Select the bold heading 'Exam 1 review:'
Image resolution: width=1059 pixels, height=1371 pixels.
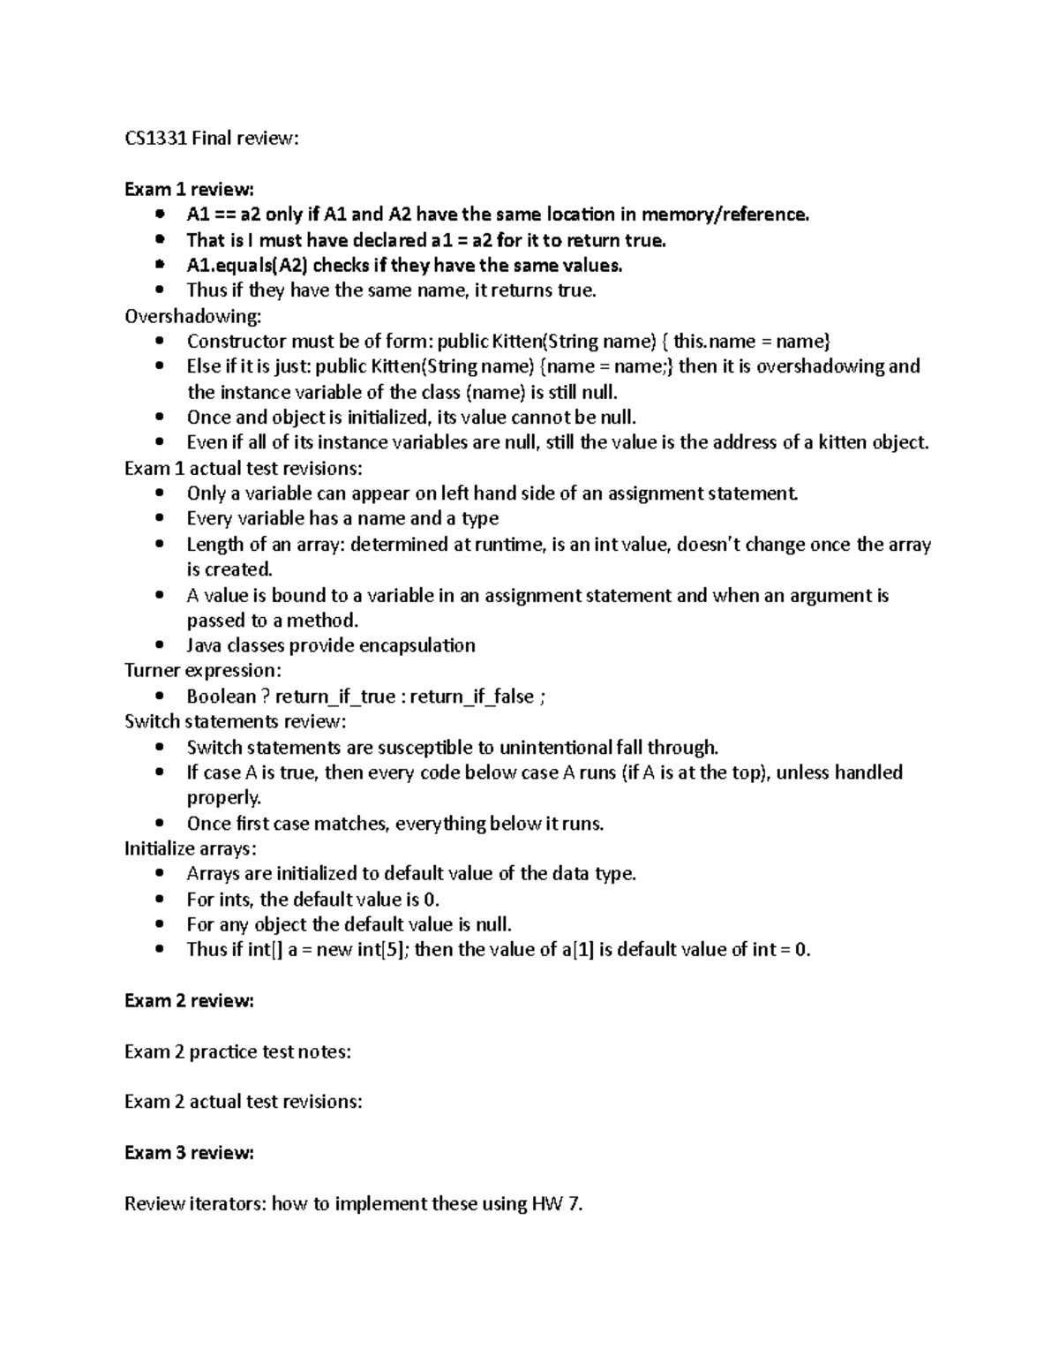click(189, 189)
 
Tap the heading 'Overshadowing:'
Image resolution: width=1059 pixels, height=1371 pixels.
click(193, 316)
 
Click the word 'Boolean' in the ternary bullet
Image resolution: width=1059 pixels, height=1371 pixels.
click(222, 697)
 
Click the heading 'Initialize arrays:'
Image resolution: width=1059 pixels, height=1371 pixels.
click(191, 848)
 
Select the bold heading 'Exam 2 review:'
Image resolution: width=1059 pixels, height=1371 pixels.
click(189, 1001)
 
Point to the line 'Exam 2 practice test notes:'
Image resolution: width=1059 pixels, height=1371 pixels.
click(237, 1051)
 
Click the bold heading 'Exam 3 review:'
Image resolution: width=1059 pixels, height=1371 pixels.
click(189, 1153)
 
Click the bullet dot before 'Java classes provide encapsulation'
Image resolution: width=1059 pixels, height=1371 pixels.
click(159, 646)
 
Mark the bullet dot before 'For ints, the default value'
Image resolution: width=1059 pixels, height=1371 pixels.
click(159, 900)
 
